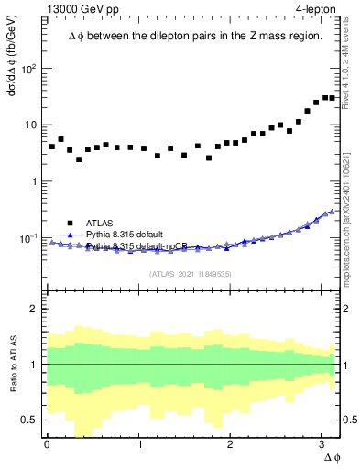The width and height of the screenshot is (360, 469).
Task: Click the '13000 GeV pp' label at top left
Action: pos(80,9)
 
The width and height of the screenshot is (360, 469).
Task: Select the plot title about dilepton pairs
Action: pos(194,36)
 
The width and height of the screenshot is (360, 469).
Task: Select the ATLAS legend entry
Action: pos(101,223)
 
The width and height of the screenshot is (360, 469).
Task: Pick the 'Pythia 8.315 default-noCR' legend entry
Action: pos(136,246)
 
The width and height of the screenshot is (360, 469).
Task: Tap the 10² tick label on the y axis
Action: pos(29,69)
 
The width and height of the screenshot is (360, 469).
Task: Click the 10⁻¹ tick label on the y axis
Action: pos(29,238)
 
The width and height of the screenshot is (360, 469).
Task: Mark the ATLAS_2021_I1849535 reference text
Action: pos(191,273)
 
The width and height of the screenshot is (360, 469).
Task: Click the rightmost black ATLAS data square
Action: pos(333,98)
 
